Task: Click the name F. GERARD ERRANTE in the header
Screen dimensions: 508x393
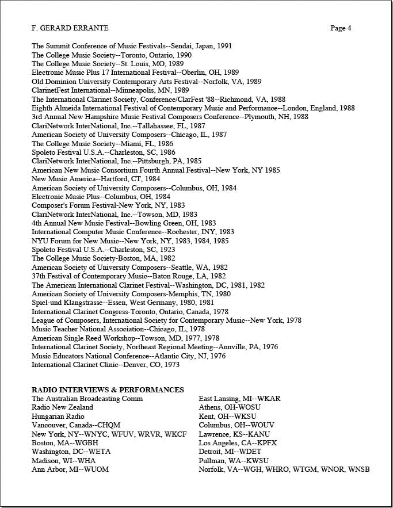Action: point(70,28)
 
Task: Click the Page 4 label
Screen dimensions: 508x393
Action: point(341,28)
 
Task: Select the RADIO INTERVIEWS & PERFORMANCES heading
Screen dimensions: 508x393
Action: point(108,390)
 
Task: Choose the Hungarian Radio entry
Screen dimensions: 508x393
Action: point(58,417)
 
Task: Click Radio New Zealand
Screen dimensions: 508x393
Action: point(62,407)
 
